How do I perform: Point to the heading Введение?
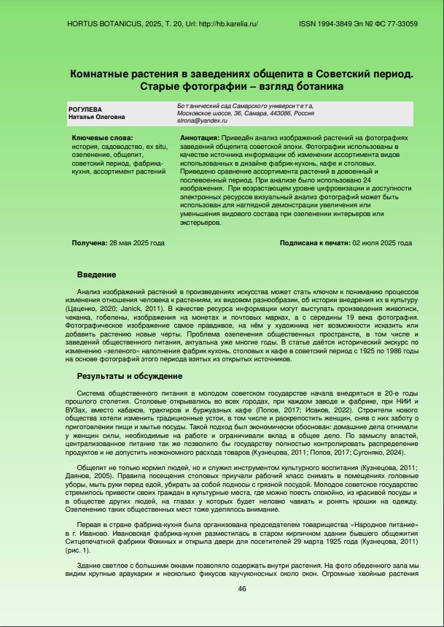point(96,274)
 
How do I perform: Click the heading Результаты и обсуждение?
point(129,376)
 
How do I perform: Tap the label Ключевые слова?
point(103,138)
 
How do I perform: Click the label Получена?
point(89,242)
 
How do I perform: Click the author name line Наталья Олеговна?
point(96,117)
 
